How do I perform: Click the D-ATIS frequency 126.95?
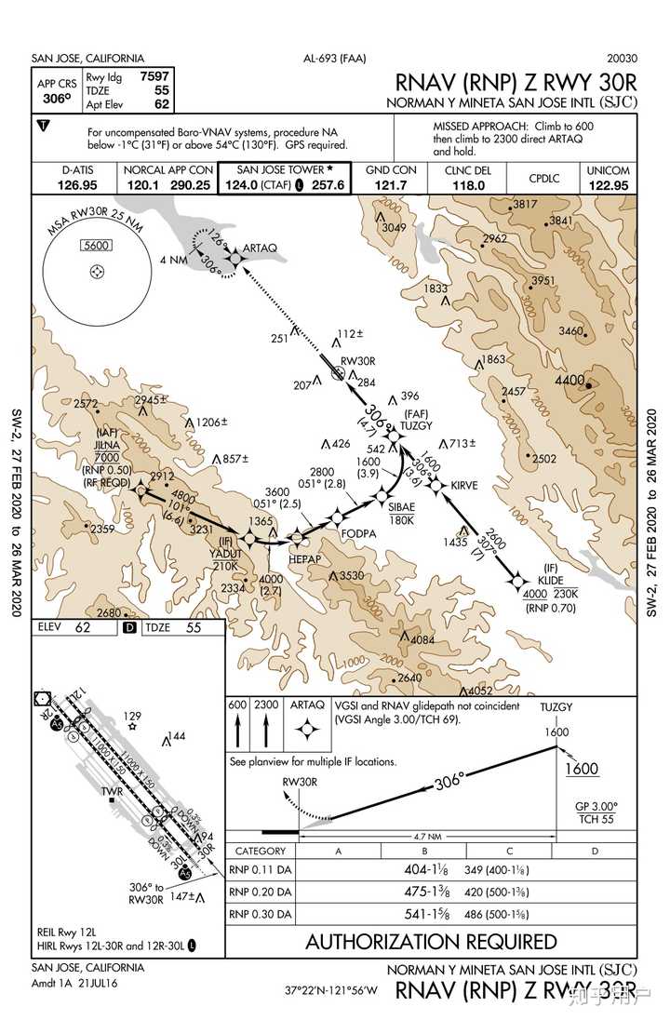(x=79, y=185)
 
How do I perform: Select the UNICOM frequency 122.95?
(x=608, y=185)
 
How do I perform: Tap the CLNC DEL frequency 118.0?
(x=469, y=185)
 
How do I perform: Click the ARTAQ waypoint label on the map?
(x=260, y=248)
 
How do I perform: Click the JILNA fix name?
(x=105, y=446)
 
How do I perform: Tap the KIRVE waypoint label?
(x=464, y=486)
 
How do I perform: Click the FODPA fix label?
(x=358, y=533)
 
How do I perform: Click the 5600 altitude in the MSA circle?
(x=96, y=246)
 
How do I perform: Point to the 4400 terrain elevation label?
(x=569, y=381)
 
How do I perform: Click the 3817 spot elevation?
(x=526, y=204)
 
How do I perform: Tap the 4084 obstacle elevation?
(x=422, y=640)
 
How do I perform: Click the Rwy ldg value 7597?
(x=154, y=76)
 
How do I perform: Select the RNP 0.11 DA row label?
(x=261, y=871)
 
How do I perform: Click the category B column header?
(x=423, y=852)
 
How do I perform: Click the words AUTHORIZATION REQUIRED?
(x=431, y=942)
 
